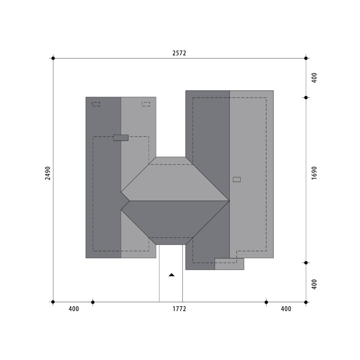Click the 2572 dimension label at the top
tap(179, 53)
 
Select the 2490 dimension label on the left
tap(48, 173)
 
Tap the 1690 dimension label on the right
tap(314, 173)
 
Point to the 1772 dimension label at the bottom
tap(179, 309)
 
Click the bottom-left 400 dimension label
tap(74, 309)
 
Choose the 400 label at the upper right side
tap(314, 78)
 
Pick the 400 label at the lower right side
tap(314, 284)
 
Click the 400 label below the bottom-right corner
tap(286, 309)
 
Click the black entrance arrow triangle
tap(172, 275)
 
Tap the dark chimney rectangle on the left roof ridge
tap(121, 138)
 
